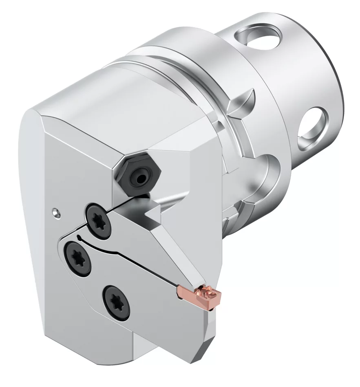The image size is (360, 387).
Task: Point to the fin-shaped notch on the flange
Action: pos(245,100)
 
